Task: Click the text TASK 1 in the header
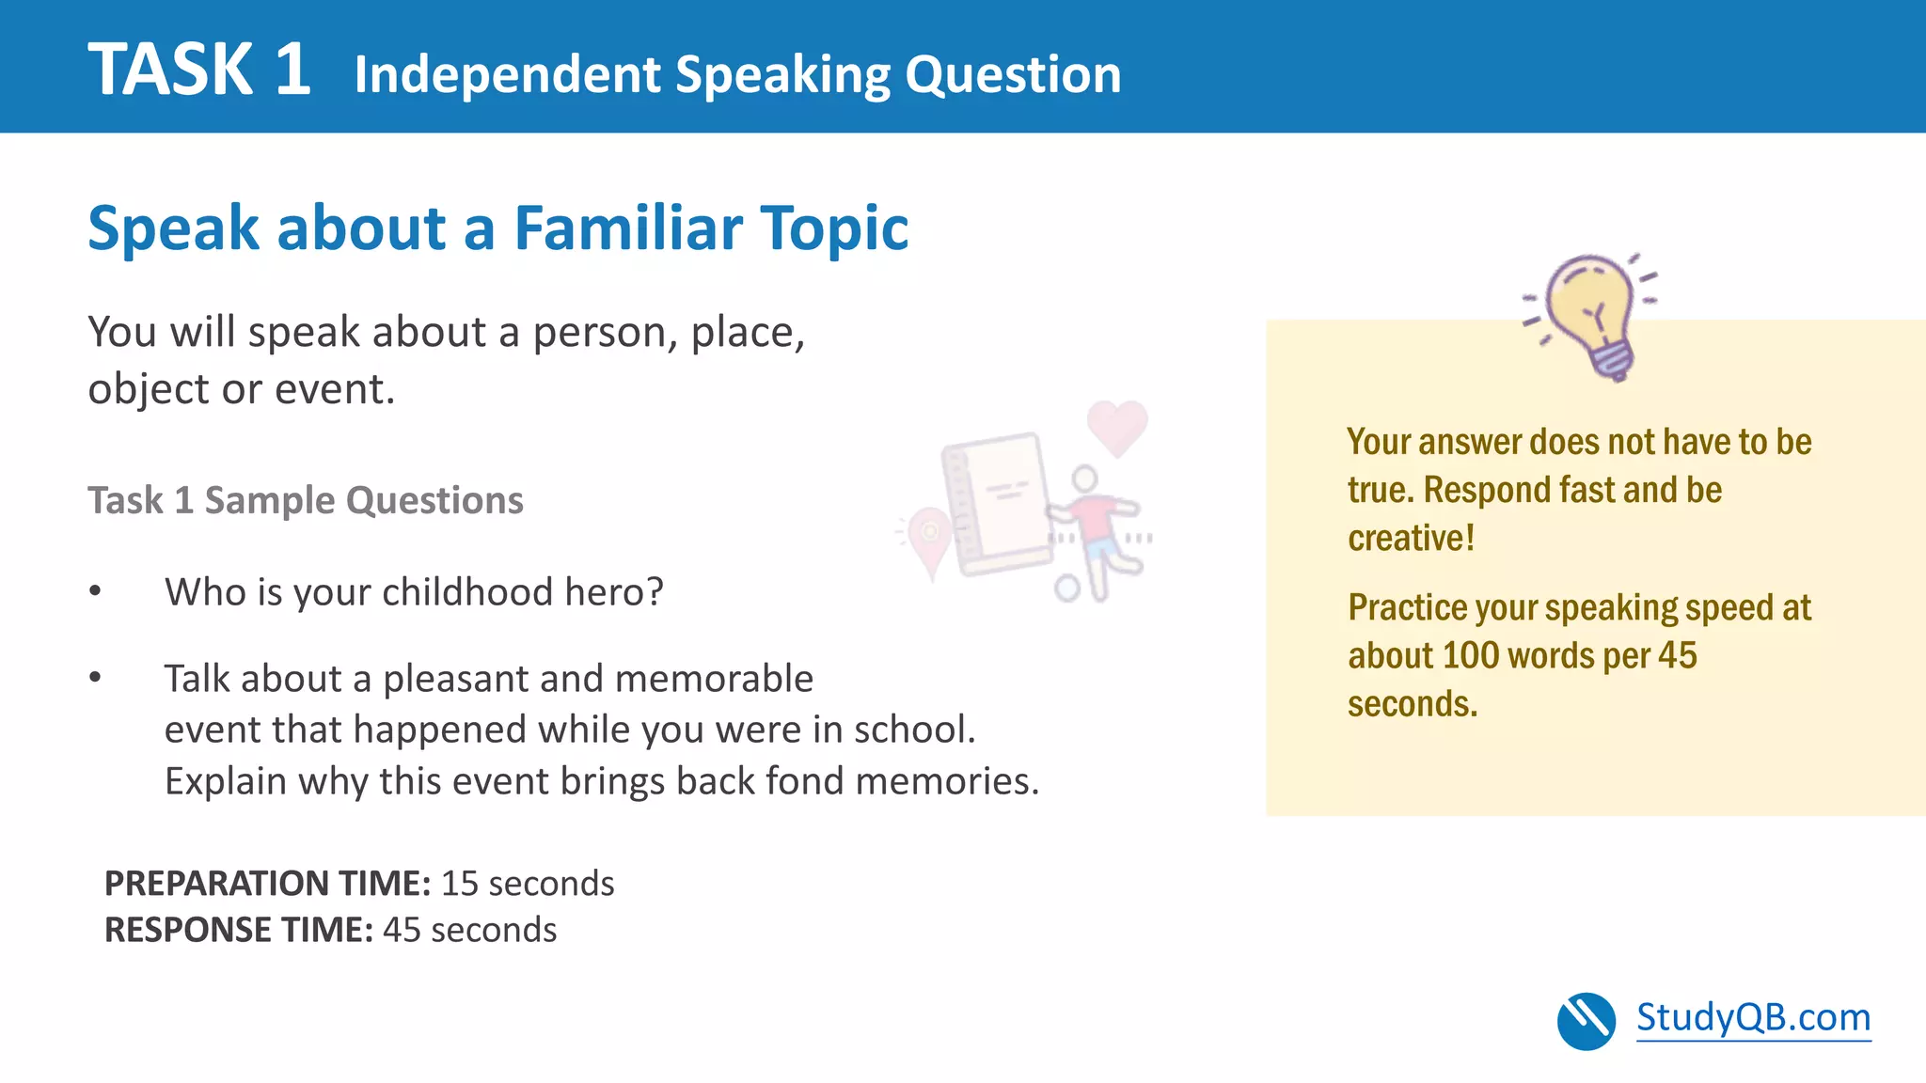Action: pos(199,70)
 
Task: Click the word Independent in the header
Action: pos(508,74)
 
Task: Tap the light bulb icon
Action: pos(1593,313)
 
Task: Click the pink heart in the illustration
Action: pos(1117,426)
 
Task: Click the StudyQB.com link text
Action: pos(1753,1017)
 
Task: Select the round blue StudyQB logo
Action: pos(1586,1021)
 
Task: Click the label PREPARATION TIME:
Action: pos(267,884)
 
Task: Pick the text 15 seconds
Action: pos(528,884)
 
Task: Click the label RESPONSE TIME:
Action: pos(239,930)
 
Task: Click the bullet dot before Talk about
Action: pos(95,678)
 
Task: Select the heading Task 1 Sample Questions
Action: pos(306,500)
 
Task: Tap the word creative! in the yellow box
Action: pos(1411,538)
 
